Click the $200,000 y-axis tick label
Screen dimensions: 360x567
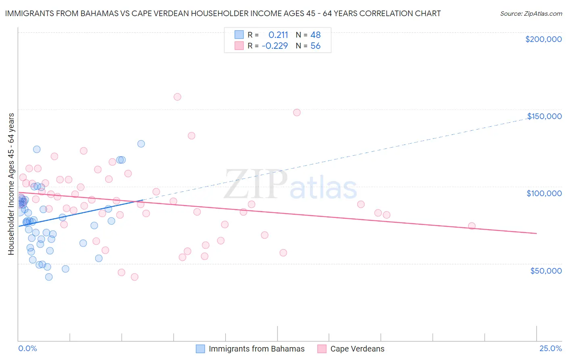tap(543, 39)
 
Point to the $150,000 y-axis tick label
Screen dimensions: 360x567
tap(544, 116)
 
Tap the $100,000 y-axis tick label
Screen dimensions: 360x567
tap(544, 193)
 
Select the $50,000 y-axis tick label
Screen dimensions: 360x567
tap(546, 270)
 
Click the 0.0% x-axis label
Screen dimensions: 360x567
tap(27, 348)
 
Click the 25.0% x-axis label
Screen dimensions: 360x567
tap(550, 348)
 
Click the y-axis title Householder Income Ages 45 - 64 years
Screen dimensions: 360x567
tap(11, 184)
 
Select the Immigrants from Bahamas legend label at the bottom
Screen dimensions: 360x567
tap(256, 349)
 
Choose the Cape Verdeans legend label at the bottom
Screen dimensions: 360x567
tap(357, 349)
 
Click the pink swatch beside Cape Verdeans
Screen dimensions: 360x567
tap(322, 349)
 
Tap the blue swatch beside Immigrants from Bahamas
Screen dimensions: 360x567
tap(200, 349)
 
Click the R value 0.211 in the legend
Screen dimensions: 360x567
tap(278, 35)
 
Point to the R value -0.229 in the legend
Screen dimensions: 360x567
tap(275, 46)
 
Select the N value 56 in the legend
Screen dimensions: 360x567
tap(315, 46)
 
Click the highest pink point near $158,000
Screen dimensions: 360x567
tap(177, 97)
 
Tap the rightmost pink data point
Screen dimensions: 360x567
tap(472, 226)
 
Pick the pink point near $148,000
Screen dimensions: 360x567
tap(297, 113)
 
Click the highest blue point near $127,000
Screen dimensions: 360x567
tap(141, 144)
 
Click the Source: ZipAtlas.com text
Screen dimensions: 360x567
tap(531, 13)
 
